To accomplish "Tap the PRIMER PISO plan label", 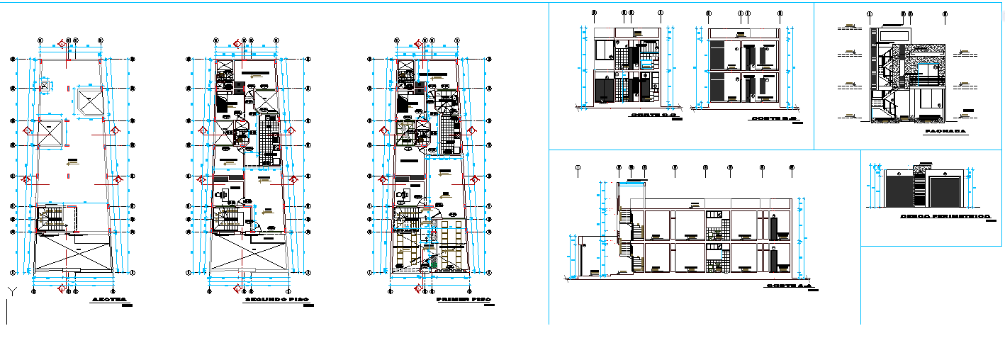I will (464, 300).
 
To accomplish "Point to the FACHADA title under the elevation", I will (943, 131).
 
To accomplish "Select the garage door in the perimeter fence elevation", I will (944, 192).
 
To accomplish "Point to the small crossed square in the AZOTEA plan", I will (44, 87).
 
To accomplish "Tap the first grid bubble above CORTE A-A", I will (579, 168).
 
